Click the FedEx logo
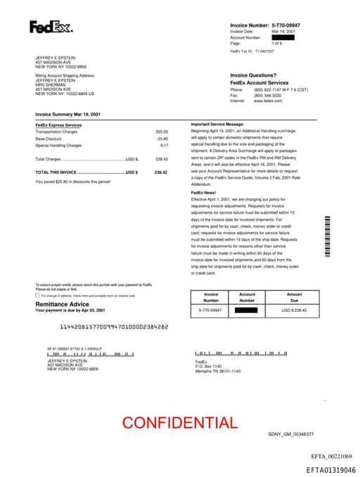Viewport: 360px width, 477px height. click(51, 27)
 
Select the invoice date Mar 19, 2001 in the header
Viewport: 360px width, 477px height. click(282, 32)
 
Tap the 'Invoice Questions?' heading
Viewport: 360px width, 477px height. click(253, 75)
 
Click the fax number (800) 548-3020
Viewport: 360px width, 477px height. click(268, 96)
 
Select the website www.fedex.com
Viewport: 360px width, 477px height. click(268, 101)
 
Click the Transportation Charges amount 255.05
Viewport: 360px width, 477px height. click(162, 132)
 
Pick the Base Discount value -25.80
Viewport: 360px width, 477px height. click(162, 139)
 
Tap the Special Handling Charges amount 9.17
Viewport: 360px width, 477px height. click(164, 145)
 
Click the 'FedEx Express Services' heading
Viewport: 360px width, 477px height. click(58, 125)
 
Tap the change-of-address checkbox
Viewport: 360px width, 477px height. click(37, 295)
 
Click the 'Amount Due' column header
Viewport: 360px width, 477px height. click(294, 297)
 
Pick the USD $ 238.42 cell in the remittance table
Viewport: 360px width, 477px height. click(294, 310)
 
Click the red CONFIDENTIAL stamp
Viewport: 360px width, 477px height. click(179, 422)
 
